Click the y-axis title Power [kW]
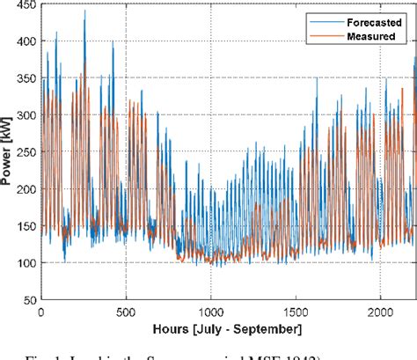(x=8, y=153)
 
